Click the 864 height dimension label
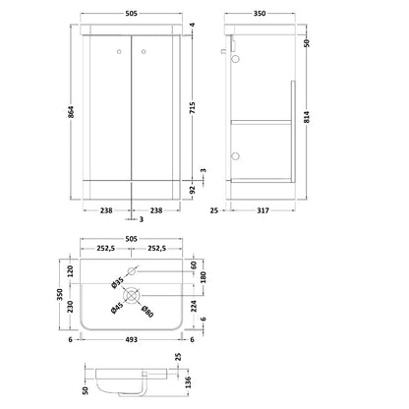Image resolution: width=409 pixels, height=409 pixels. coord(72,112)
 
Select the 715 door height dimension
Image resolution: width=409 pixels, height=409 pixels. coord(192,108)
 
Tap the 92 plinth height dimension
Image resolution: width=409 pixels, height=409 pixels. coord(193,190)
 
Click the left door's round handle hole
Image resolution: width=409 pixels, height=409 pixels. coord(119,51)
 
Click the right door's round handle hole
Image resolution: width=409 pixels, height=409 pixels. coord(144,51)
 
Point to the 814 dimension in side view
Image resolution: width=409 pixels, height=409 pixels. coord(307,117)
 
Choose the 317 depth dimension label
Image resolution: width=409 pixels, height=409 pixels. coord(263,210)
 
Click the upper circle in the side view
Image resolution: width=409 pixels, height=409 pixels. coord(235,59)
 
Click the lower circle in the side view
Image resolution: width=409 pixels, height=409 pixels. coord(235,156)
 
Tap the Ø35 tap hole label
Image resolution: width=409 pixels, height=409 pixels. coord(117,283)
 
